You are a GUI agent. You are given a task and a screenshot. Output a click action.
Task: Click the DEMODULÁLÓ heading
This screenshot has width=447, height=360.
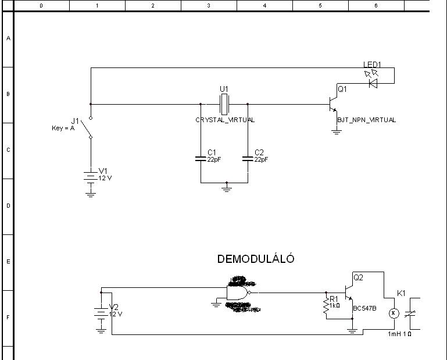pos(256,259)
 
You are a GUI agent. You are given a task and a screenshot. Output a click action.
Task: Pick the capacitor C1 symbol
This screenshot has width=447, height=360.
pos(201,158)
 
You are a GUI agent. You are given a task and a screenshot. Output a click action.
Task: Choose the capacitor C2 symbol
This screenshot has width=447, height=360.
pos(248,158)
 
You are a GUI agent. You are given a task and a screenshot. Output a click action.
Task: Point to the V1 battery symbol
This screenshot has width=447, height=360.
pos(90,177)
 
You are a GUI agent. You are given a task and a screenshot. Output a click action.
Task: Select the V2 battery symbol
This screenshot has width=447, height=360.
pos(101,312)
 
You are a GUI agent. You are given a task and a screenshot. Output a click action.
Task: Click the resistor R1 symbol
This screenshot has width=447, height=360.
pos(326,308)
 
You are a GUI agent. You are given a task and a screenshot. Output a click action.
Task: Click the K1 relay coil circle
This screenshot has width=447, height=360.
pos(392,313)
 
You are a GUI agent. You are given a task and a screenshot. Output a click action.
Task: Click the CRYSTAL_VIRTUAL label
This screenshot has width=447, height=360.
pos(225,120)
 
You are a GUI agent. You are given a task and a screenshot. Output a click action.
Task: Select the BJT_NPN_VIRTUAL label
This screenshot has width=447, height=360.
pos(366,120)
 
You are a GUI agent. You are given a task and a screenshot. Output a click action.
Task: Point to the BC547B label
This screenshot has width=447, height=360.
pos(365,308)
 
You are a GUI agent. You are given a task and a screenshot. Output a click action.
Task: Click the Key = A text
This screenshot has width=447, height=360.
pos(63,128)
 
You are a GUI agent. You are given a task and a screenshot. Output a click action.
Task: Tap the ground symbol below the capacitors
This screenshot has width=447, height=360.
pos(227,188)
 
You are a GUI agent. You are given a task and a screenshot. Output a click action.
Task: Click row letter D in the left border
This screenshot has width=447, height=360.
pos(8,206)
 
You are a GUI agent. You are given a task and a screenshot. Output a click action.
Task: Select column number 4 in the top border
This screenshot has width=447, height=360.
pos(264,5)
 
